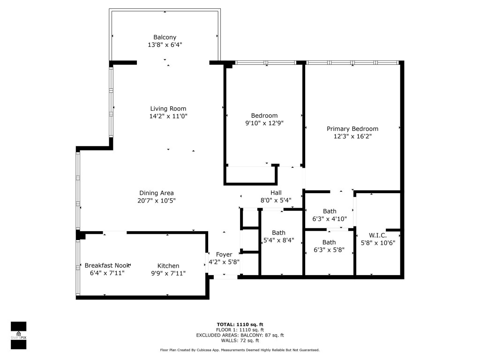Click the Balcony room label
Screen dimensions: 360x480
(165, 37)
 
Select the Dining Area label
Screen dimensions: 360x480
(157, 193)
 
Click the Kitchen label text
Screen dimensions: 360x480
(168, 266)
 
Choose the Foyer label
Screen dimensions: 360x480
(224, 255)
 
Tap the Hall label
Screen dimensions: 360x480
(276, 193)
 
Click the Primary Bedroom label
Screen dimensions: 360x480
(352, 129)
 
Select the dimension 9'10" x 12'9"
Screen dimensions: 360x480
(264, 123)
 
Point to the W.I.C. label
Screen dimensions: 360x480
(377, 235)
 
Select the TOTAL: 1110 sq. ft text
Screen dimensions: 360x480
(240, 324)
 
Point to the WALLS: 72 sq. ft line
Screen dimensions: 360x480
(240, 341)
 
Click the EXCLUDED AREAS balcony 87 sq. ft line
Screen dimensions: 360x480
(240, 335)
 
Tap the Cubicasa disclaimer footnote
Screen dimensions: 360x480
(240, 350)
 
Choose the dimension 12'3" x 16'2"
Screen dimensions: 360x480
(352, 136)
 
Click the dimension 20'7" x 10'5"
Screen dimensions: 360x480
(157, 201)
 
